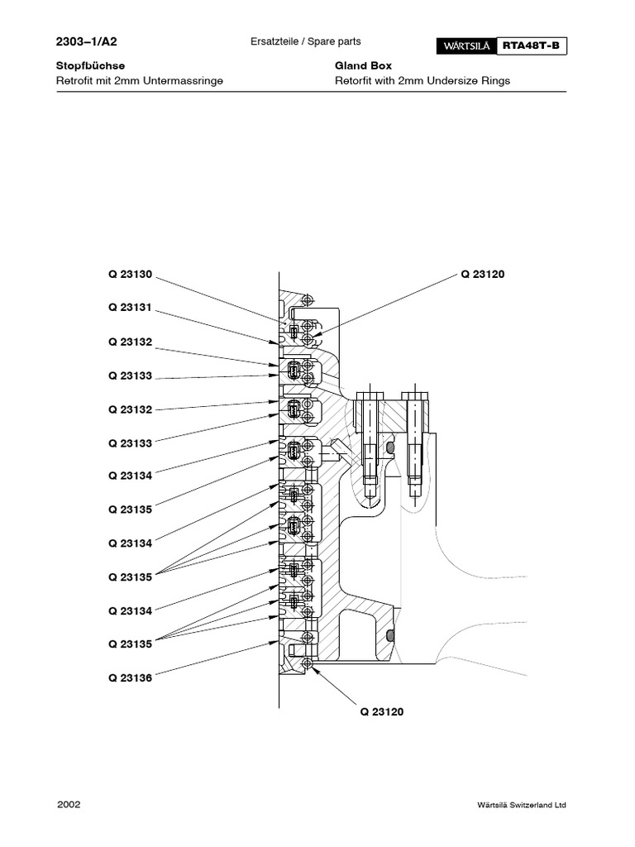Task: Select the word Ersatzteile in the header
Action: coord(274,41)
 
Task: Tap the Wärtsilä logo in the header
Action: coord(464,47)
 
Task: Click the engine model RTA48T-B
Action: coord(533,47)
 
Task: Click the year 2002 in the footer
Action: coord(69,804)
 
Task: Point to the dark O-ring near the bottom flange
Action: coord(390,636)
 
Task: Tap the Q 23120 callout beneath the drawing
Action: coord(381,711)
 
